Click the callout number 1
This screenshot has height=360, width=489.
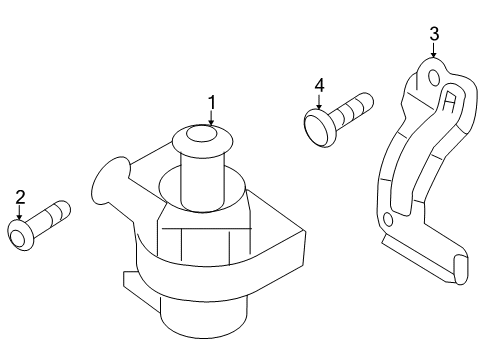212,102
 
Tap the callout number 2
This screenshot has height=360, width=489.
20,197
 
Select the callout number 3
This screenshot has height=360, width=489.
434,34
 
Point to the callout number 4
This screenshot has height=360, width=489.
319,85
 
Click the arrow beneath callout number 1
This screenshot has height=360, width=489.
211,118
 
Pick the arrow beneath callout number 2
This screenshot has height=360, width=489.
19,212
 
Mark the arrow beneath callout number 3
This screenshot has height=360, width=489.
433,50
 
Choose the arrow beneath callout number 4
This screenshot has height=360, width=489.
319,101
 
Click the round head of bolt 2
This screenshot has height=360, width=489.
20,235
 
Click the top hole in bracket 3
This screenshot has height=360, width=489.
434,78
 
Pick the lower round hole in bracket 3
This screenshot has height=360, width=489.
388,220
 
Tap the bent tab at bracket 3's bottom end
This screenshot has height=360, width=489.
461,269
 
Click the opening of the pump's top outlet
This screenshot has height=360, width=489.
202,134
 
